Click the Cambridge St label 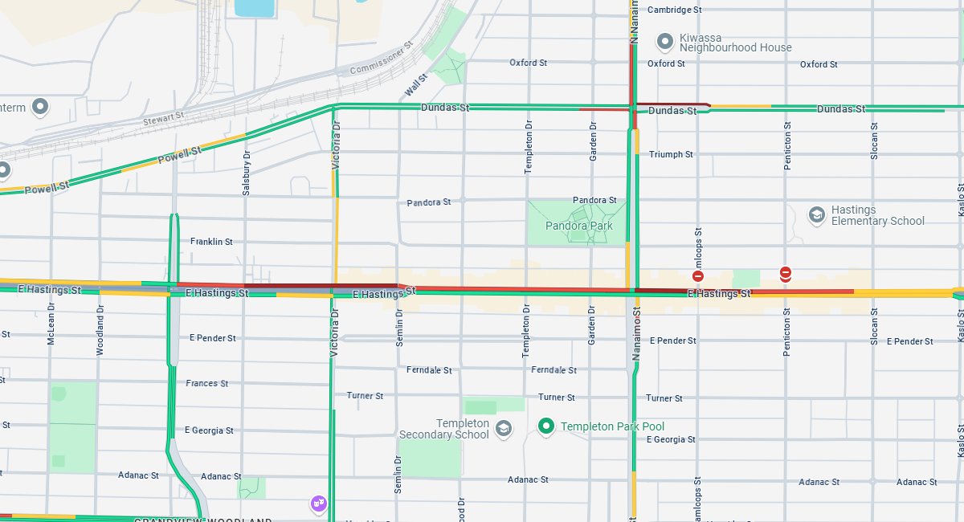tap(675, 10)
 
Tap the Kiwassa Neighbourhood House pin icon tap(664, 41)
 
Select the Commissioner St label tap(381, 58)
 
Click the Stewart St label tap(164, 117)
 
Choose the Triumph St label tap(671, 154)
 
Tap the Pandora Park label tap(578, 226)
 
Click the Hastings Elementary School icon tap(817, 214)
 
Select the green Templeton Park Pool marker tap(547, 426)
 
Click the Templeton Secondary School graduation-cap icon tap(504, 428)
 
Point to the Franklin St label tap(211, 241)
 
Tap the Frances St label tap(207, 383)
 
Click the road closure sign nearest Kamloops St tap(698, 275)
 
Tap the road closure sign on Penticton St tap(786, 274)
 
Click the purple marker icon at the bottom tap(319, 504)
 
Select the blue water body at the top tap(253, 8)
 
